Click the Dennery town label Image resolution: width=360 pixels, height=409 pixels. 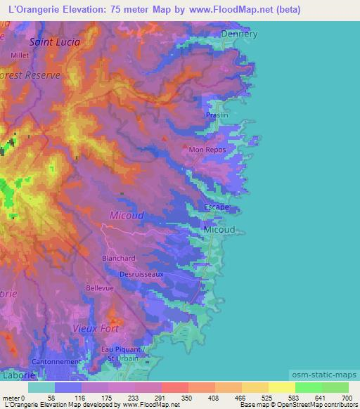click(x=239, y=34)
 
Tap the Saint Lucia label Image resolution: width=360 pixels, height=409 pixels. click(x=55, y=41)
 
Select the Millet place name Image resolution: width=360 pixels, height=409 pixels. click(x=20, y=55)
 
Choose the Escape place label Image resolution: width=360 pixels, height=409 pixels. click(x=216, y=207)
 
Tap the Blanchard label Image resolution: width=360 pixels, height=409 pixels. click(x=119, y=259)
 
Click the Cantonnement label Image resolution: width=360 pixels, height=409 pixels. click(x=57, y=362)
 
